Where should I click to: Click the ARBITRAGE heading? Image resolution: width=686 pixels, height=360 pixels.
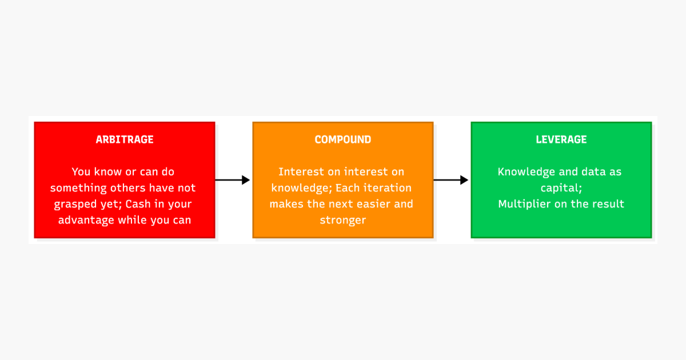pyautogui.click(x=125, y=139)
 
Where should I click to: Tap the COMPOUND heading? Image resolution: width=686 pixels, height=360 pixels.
pyautogui.click(x=342, y=139)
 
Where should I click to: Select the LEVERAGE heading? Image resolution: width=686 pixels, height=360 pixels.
pyautogui.click(x=561, y=139)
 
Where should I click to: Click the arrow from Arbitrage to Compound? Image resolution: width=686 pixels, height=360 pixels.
pyautogui.click(x=233, y=180)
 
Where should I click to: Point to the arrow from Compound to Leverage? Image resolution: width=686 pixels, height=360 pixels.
pyautogui.click(x=451, y=180)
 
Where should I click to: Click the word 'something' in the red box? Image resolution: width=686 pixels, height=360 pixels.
pyautogui.click(x=78, y=188)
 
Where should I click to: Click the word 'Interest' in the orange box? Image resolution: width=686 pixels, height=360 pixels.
pyautogui.click(x=301, y=172)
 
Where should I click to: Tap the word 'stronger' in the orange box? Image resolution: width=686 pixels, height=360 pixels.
pyautogui.click(x=342, y=220)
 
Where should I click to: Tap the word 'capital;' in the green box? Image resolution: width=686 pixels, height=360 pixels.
pyautogui.click(x=561, y=188)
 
